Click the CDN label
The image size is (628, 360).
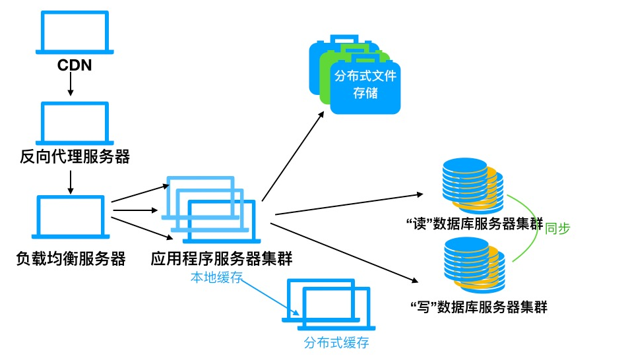(73, 65)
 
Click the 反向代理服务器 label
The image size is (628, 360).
(73, 157)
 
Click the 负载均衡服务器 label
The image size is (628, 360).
(71, 258)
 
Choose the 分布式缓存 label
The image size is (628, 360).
(336, 343)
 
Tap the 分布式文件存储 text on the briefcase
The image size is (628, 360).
(365, 84)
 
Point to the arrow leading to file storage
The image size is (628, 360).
(293, 156)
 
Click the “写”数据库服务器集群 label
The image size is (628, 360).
(478, 307)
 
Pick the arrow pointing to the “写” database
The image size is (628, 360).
(343, 251)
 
